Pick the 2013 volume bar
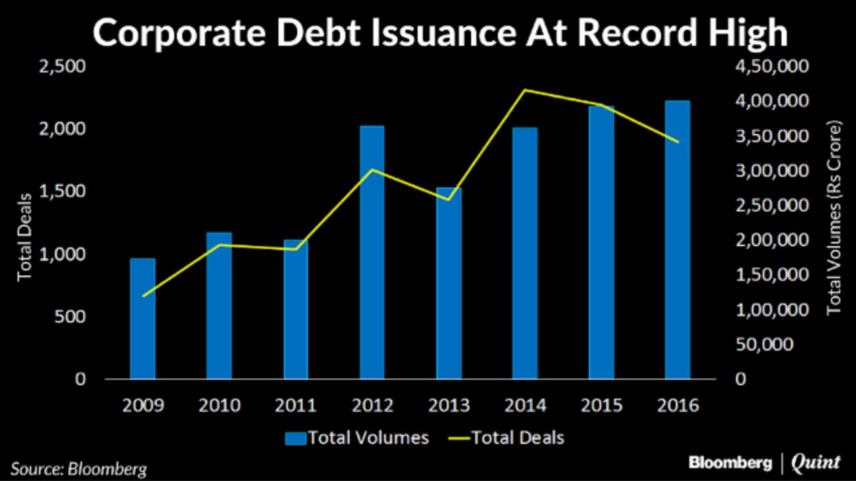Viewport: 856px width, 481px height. (449, 283)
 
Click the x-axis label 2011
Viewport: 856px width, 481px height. (296, 406)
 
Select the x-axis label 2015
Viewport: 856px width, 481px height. (601, 406)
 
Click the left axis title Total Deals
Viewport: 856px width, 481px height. (25, 236)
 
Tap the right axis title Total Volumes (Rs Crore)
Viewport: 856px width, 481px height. (833, 218)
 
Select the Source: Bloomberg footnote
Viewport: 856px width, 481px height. (78, 468)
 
